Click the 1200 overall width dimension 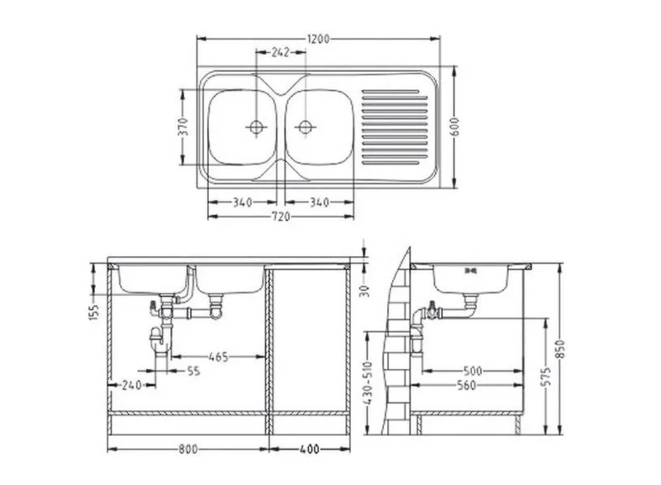[x=319, y=40]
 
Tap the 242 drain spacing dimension [x=280, y=52]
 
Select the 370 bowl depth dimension [x=183, y=127]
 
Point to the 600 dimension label [x=455, y=127]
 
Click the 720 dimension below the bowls [x=280, y=216]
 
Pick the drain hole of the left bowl [x=256, y=127]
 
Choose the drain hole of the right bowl [x=305, y=127]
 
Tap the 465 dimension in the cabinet [x=219, y=357]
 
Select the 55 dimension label [x=194, y=371]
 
